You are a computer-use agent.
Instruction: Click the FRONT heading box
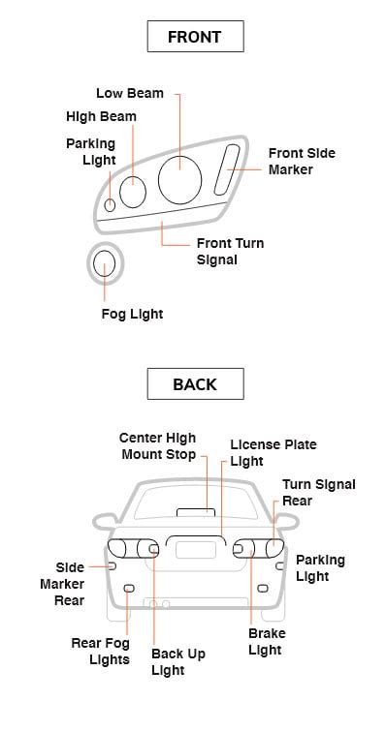pyautogui.click(x=194, y=37)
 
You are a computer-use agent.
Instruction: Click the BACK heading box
pyautogui.click(x=194, y=383)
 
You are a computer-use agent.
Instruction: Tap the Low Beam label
pyautogui.click(x=129, y=94)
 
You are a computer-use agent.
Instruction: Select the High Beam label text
pyautogui.click(x=101, y=116)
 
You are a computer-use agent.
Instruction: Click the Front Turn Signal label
pyautogui.click(x=230, y=252)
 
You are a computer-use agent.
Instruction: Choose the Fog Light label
pyautogui.click(x=132, y=314)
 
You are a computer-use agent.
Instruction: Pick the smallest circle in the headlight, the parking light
pyautogui.click(x=111, y=204)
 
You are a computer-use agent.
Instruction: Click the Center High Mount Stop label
pyautogui.click(x=157, y=446)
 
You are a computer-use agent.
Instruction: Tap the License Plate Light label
pyautogui.click(x=273, y=453)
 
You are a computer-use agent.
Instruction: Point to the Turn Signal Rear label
pyautogui.click(x=318, y=492)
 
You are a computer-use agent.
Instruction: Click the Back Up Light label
pyautogui.click(x=177, y=661)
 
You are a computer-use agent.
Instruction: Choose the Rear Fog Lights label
pyautogui.click(x=100, y=651)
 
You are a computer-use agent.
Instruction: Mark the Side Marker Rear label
pyautogui.click(x=62, y=584)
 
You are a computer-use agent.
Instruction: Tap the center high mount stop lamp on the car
pyautogui.click(x=195, y=510)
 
